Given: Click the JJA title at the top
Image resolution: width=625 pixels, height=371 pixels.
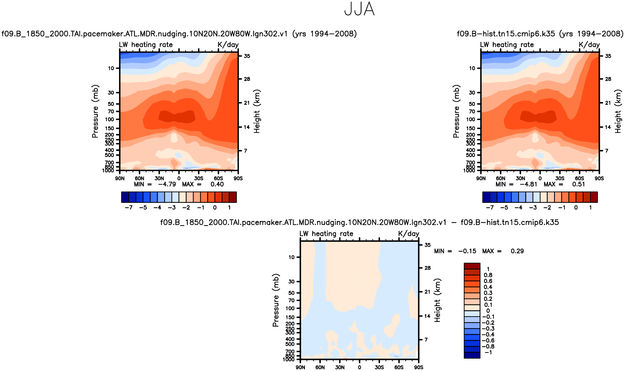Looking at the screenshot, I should [x=359, y=9].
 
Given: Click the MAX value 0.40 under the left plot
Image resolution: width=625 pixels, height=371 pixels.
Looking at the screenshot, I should [x=217, y=184].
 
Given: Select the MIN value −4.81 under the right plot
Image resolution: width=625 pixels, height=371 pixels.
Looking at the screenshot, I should [x=528, y=184].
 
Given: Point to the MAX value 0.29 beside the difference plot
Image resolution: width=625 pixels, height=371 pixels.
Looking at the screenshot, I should [x=517, y=251].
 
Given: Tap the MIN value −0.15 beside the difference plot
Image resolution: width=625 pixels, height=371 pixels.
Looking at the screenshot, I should [x=467, y=251].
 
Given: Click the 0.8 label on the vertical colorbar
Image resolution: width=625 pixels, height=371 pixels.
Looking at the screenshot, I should [x=488, y=275].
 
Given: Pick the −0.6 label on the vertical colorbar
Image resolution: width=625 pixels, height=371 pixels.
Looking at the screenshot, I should [x=488, y=340].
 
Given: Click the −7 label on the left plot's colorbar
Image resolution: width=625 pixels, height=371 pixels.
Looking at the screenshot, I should [x=128, y=208].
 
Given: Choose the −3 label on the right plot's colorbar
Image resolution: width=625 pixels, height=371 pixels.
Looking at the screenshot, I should [x=533, y=208].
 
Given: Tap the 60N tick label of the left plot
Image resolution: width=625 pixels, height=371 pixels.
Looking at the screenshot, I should [x=139, y=178].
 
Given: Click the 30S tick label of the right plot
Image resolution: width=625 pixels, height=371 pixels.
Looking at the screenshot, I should [x=560, y=178].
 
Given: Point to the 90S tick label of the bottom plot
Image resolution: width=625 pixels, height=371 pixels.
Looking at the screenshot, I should [x=419, y=368].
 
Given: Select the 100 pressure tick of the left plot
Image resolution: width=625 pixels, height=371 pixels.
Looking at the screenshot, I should [x=110, y=120].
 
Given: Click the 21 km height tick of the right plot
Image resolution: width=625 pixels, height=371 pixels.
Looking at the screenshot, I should [x=608, y=103].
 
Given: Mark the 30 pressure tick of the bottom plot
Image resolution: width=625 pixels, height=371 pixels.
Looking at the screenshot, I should [x=291, y=281].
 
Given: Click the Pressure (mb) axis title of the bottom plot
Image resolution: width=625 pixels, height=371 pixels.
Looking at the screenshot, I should [x=275, y=300].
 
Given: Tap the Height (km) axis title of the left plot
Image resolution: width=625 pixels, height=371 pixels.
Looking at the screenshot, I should [x=257, y=111].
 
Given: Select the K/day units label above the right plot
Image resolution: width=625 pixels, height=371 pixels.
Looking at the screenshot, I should [x=589, y=45].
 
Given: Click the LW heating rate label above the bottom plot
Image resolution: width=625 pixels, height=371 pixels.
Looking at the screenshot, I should [x=326, y=234].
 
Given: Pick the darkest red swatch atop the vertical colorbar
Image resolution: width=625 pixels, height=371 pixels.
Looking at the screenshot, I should [x=472, y=266].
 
